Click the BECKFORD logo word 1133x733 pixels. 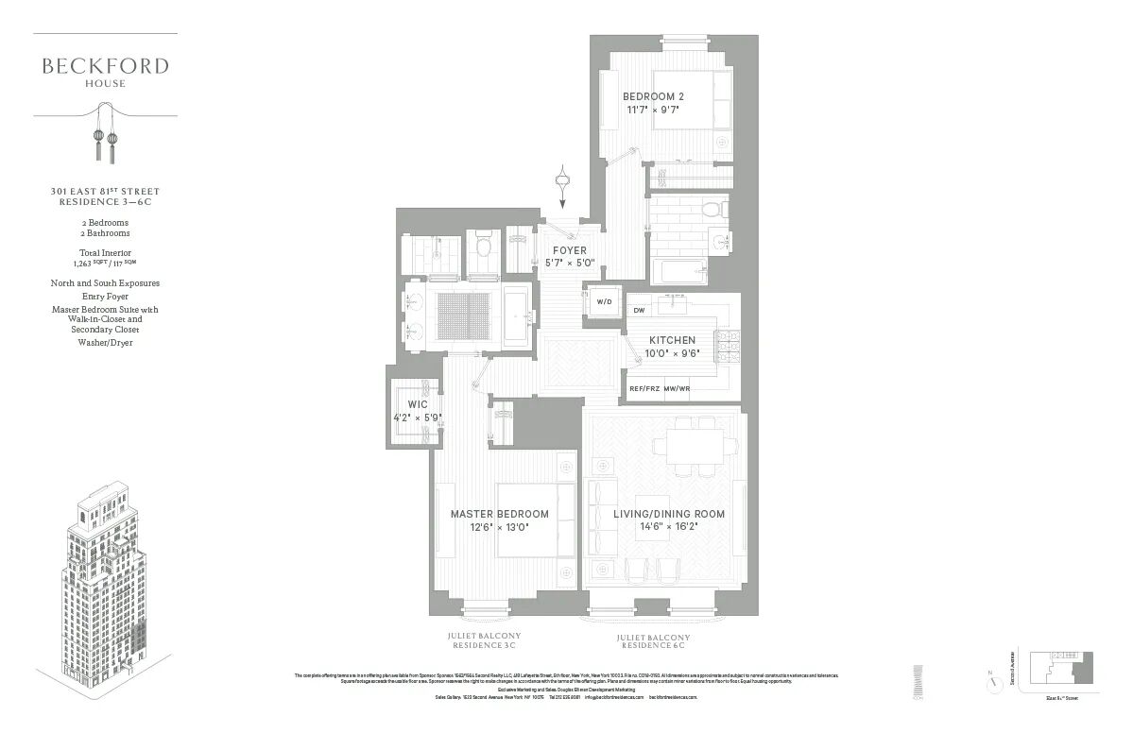(x=105, y=66)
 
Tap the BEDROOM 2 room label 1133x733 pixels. (x=653, y=96)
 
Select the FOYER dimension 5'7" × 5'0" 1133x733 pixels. (x=570, y=263)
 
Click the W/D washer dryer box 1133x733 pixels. (x=603, y=302)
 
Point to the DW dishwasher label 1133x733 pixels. (x=639, y=310)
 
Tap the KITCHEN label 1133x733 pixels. (x=672, y=340)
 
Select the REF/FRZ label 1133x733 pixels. (x=644, y=388)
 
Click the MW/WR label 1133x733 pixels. (x=678, y=388)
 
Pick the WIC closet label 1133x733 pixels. (x=418, y=404)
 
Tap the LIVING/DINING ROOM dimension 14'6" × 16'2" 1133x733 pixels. (x=669, y=527)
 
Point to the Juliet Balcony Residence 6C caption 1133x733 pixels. (x=653, y=643)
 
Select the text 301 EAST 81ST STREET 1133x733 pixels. (x=105, y=191)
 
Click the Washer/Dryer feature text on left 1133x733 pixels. (x=105, y=342)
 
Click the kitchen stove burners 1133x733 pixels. (x=728, y=346)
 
